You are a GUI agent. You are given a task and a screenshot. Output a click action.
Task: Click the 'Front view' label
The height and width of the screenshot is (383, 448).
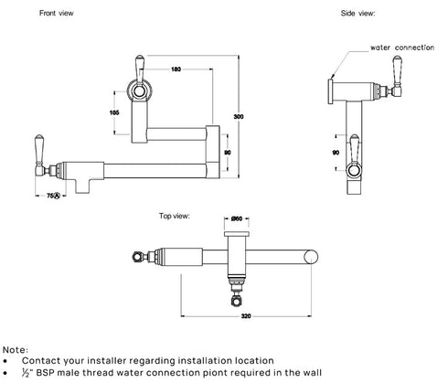[33, 14]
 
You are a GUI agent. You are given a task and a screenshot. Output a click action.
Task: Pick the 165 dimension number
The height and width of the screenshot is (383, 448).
[115, 112]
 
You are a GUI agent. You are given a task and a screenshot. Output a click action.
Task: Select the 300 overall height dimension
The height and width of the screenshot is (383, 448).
[238, 117]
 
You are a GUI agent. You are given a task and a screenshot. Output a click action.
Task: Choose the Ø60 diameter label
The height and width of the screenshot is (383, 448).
[236, 218]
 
